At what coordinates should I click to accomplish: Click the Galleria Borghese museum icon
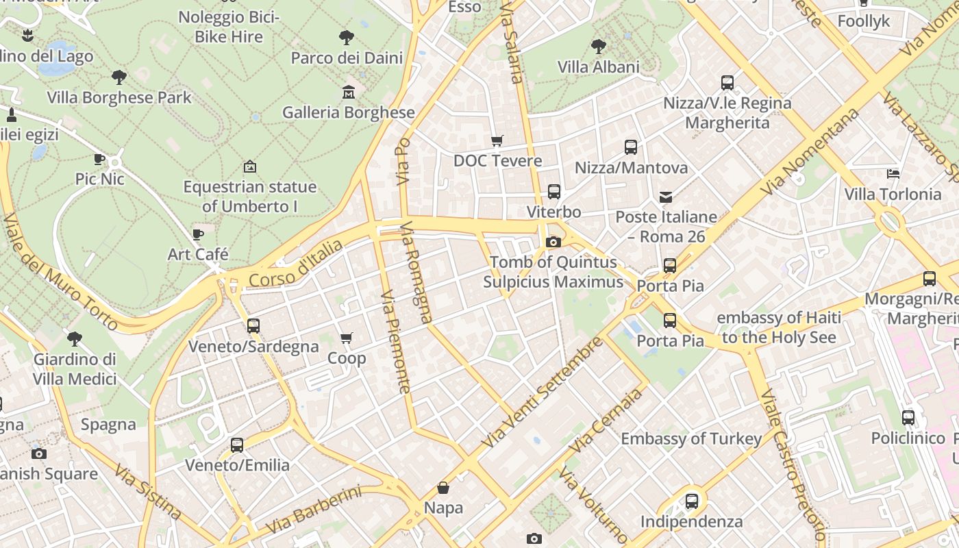pos(349,92)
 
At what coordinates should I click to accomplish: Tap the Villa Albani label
pos(598,67)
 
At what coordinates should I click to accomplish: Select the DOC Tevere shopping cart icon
pos(497,141)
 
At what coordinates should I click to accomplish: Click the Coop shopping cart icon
pos(347,338)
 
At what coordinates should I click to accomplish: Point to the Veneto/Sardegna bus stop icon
pos(253,326)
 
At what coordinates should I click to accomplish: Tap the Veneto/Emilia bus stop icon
pos(237,445)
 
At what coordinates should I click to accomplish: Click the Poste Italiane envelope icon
pos(665,197)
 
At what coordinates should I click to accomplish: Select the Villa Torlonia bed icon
pos(893,174)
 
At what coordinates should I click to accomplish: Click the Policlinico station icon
pos(908,418)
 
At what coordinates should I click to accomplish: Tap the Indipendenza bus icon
pos(691,501)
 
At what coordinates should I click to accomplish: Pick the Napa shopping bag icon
pos(443,488)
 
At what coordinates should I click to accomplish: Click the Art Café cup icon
pos(198,234)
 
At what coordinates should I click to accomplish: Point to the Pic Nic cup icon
pos(99,159)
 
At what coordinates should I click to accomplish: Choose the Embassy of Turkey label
pos(690,438)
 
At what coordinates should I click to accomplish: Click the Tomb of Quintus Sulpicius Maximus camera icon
pos(553,242)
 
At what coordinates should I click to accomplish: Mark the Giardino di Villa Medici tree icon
pos(75,339)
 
